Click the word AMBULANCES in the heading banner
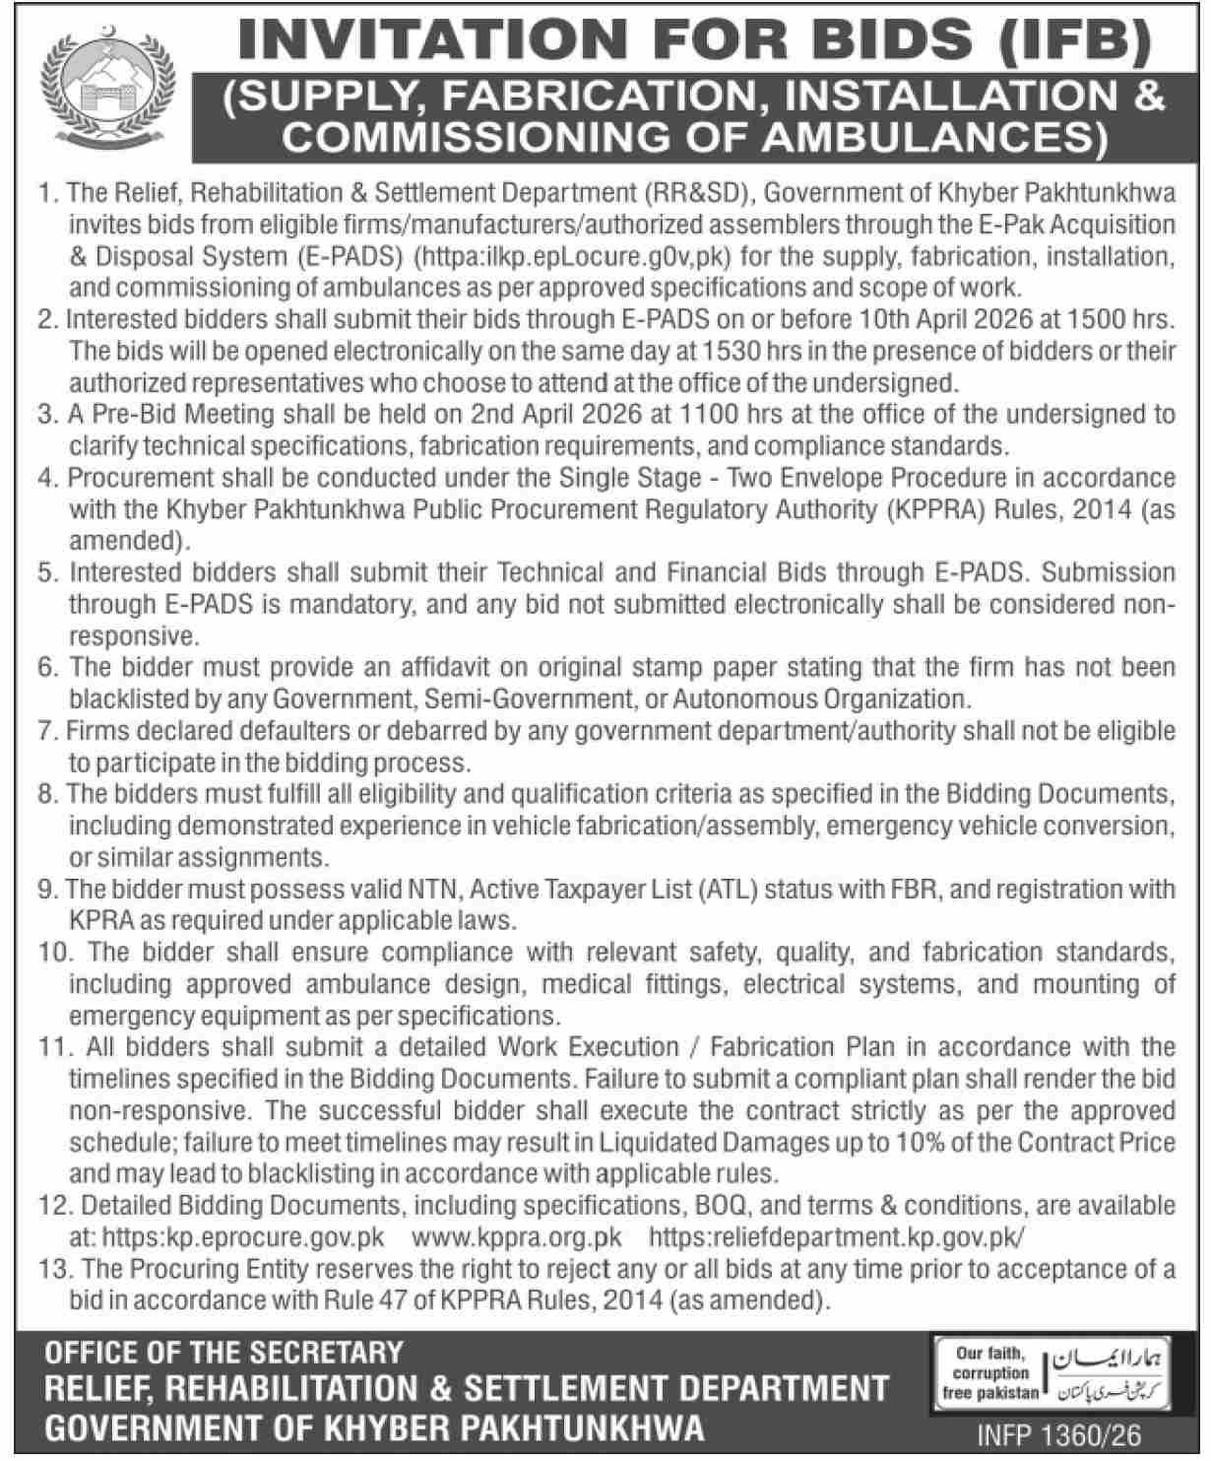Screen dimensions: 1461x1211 pyautogui.click(x=942, y=137)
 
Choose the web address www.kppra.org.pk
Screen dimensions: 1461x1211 pyautogui.click(x=516, y=1237)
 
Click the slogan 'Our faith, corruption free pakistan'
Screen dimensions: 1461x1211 pyautogui.click(x=989, y=1373)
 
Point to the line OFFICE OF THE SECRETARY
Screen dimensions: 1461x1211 pyautogui.click(x=224, y=1354)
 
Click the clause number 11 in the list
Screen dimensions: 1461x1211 pyautogui.click(x=50, y=1047)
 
